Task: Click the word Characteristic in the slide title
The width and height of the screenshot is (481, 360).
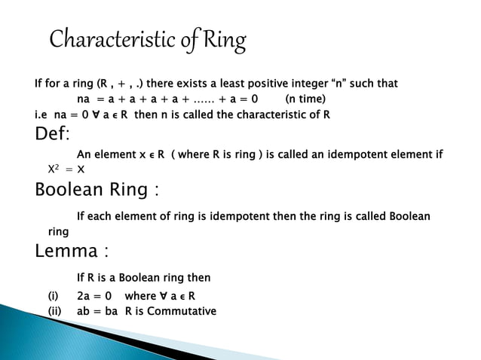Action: click(109, 39)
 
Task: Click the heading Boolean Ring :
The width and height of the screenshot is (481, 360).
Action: click(97, 189)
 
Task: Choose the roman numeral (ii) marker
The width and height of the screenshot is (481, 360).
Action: click(55, 311)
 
